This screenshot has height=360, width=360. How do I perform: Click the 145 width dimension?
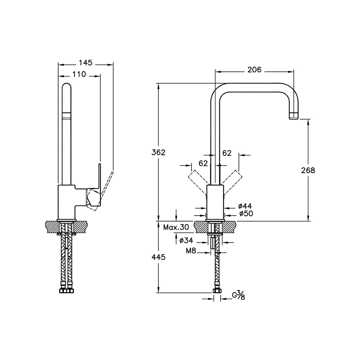86,63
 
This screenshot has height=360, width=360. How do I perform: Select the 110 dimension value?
79,74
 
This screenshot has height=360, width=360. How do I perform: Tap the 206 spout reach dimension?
254,70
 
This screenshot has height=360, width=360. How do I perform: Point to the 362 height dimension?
158,152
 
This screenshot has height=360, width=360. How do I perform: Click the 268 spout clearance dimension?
308,170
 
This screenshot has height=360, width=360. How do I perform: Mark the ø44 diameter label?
245,206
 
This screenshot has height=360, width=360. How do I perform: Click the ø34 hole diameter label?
186,240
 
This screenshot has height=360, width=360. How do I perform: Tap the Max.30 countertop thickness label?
176,227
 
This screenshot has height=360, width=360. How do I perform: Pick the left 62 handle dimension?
203,163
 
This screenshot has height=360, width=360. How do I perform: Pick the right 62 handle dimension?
227,153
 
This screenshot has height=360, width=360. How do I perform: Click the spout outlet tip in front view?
294,116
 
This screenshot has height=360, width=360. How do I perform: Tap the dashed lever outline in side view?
107,187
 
